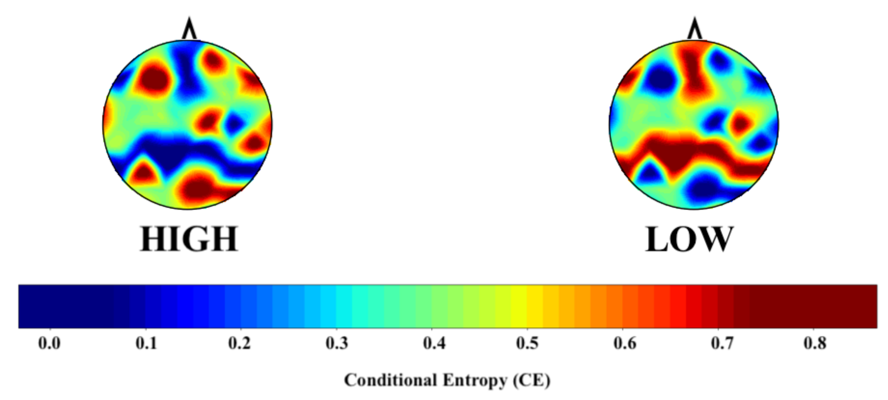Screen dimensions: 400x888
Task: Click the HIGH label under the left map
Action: [189, 239]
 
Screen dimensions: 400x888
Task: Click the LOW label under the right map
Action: [689, 239]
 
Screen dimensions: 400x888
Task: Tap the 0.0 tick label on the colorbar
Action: [49, 343]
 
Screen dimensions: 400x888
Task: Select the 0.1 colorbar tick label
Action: [146, 343]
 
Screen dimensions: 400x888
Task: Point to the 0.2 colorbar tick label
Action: [239, 343]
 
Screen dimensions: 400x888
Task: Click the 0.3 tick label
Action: [337, 343]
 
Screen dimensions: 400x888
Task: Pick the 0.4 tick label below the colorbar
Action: [434, 343]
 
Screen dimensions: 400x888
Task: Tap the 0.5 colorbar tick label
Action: [527, 343]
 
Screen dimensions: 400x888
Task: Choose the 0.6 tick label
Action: [625, 343]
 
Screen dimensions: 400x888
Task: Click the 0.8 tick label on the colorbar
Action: [815, 343]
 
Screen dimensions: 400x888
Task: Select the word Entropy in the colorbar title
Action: [475, 380]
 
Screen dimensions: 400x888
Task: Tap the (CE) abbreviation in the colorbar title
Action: [531, 380]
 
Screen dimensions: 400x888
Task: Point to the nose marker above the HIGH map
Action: [189, 29]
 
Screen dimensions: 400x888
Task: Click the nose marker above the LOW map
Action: [694, 29]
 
